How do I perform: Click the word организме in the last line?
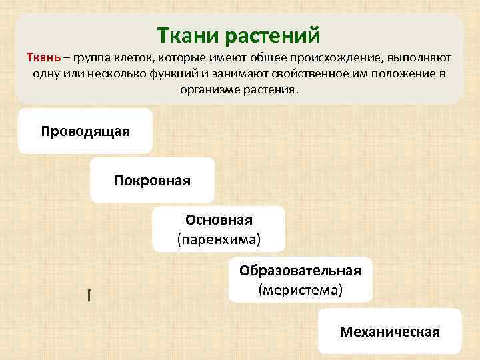pos(207,89)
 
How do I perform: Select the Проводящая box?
pos(85,131)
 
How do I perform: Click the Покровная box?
pos(152,180)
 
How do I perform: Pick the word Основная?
pos(219,221)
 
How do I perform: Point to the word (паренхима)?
pos(219,238)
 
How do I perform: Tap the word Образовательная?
pos(300,271)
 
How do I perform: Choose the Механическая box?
pos(389,331)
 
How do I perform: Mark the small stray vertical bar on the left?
pos(88,294)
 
